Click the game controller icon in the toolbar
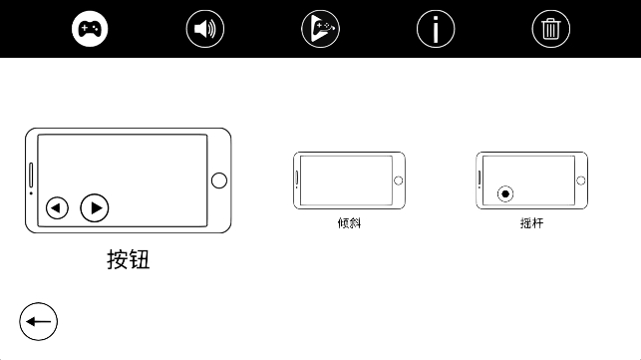click(90, 29)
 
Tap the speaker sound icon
click(204, 29)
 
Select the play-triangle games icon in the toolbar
click(320, 29)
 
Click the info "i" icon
click(436, 29)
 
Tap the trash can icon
click(550, 29)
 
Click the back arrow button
click(39, 321)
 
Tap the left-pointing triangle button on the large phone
click(57, 208)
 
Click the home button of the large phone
click(219, 180)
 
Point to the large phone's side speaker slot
click(31, 176)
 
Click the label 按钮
click(129, 259)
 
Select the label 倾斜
click(350, 223)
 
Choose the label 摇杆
click(532, 223)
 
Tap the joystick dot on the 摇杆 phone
click(505, 193)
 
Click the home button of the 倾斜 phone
click(398, 180)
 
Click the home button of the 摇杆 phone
click(580, 180)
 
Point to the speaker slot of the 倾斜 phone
click(297, 178)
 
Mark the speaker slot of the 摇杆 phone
click(480, 178)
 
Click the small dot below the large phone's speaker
click(31, 193)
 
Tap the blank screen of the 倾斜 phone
click(346, 180)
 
